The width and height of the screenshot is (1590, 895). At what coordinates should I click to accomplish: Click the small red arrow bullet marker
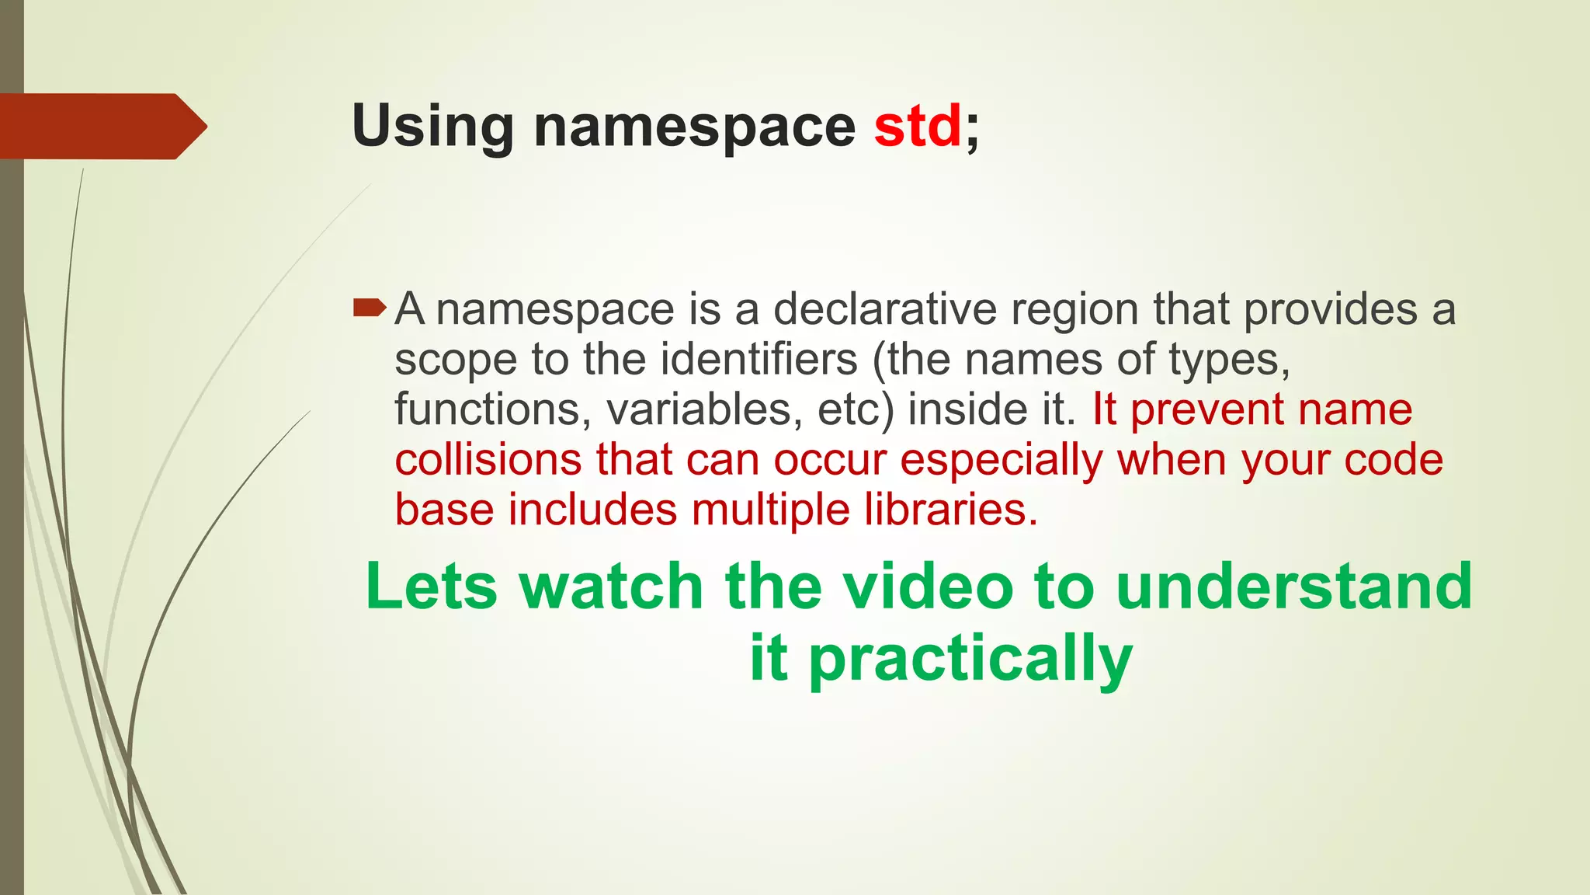tap(369, 309)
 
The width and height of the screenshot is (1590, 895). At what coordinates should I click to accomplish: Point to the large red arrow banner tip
tap(194, 126)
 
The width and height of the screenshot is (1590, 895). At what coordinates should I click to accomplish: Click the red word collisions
tap(488, 460)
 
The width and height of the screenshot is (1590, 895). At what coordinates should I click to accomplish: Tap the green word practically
tap(970, 659)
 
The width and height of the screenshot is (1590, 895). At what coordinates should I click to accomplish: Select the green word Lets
tap(431, 587)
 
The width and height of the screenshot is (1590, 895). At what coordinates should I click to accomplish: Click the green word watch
tap(612, 587)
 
